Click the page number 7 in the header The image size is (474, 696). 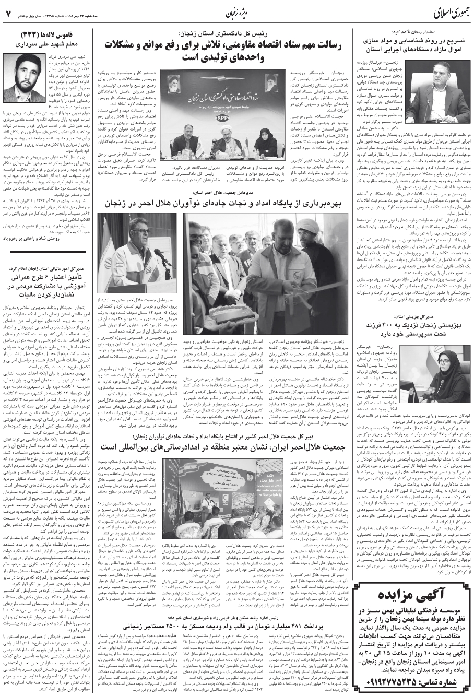pyautogui.click(x=9, y=11)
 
